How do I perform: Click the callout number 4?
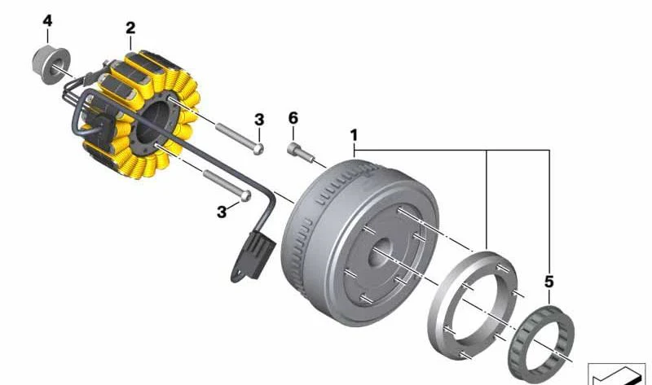[x=47, y=21]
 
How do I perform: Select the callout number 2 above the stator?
[x=130, y=28]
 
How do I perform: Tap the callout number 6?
[x=293, y=118]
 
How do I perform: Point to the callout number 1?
[x=354, y=135]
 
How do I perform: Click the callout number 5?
[x=548, y=282]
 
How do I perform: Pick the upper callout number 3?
[x=259, y=120]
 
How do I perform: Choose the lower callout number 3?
[x=222, y=212]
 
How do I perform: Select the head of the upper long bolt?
[x=258, y=149]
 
